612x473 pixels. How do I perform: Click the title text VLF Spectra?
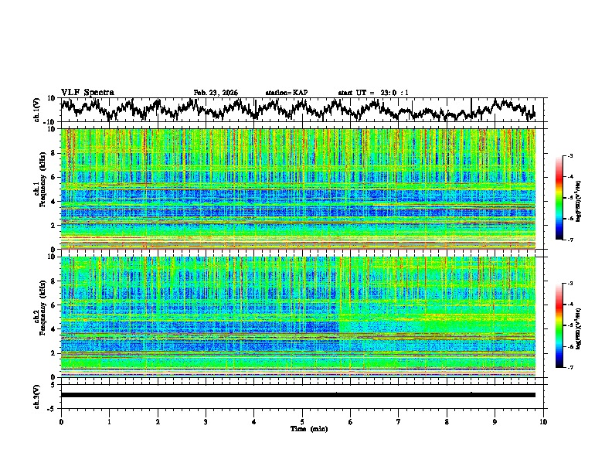pyautogui.click(x=87, y=93)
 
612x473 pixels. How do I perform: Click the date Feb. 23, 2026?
pyautogui.click(x=216, y=93)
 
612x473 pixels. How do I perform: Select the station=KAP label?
pyautogui.click(x=286, y=93)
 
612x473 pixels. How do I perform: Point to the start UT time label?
pyautogui.click(x=373, y=93)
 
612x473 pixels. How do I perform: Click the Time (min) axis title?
pyautogui.click(x=302, y=428)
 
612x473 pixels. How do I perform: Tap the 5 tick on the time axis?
pyautogui.click(x=302, y=421)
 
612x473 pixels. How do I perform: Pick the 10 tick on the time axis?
pyautogui.click(x=543, y=421)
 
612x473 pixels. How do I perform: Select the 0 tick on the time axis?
pyautogui.click(x=61, y=421)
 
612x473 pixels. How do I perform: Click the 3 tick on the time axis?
pyautogui.click(x=206, y=421)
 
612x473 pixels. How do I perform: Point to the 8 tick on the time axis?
pyautogui.click(x=447, y=421)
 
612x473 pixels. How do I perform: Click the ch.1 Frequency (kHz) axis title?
pyautogui.click(x=39, y=189)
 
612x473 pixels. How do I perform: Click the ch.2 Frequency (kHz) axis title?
pyautogui.click(x=39, y=317)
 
